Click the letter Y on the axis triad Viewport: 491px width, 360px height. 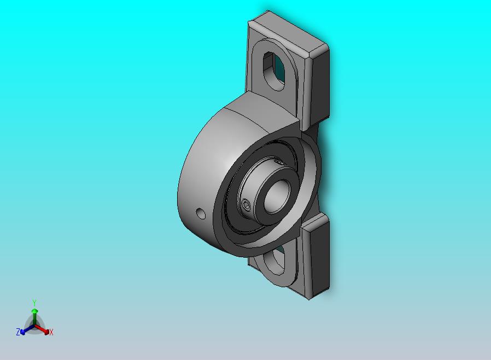(x=34, y=303)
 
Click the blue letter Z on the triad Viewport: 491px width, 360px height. (x=18, y=332)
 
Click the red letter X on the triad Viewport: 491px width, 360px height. (x=51, y=332)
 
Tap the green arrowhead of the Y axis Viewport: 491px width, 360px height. (x=35, y=311)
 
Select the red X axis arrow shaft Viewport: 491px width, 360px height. (x=40, y=328)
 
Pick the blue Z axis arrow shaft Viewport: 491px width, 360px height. (x=29, y=328)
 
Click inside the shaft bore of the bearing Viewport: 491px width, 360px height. (x=277, y=198)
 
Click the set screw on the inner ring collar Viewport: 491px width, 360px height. (x=247, y=206)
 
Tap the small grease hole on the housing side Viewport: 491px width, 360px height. (x=201, y=214)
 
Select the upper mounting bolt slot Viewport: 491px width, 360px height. (x=274, y=72)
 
